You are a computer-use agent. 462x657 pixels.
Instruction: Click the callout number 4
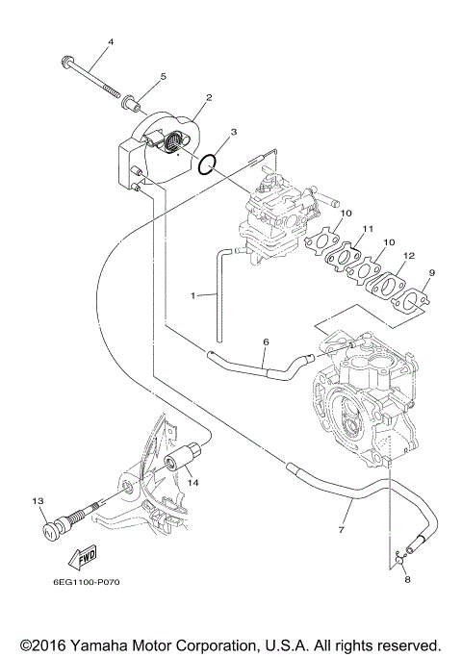[x=110, y=42]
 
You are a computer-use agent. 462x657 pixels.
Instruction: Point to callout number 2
[x=208, y=98]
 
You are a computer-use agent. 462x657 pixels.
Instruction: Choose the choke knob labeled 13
[x=56, y=526]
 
